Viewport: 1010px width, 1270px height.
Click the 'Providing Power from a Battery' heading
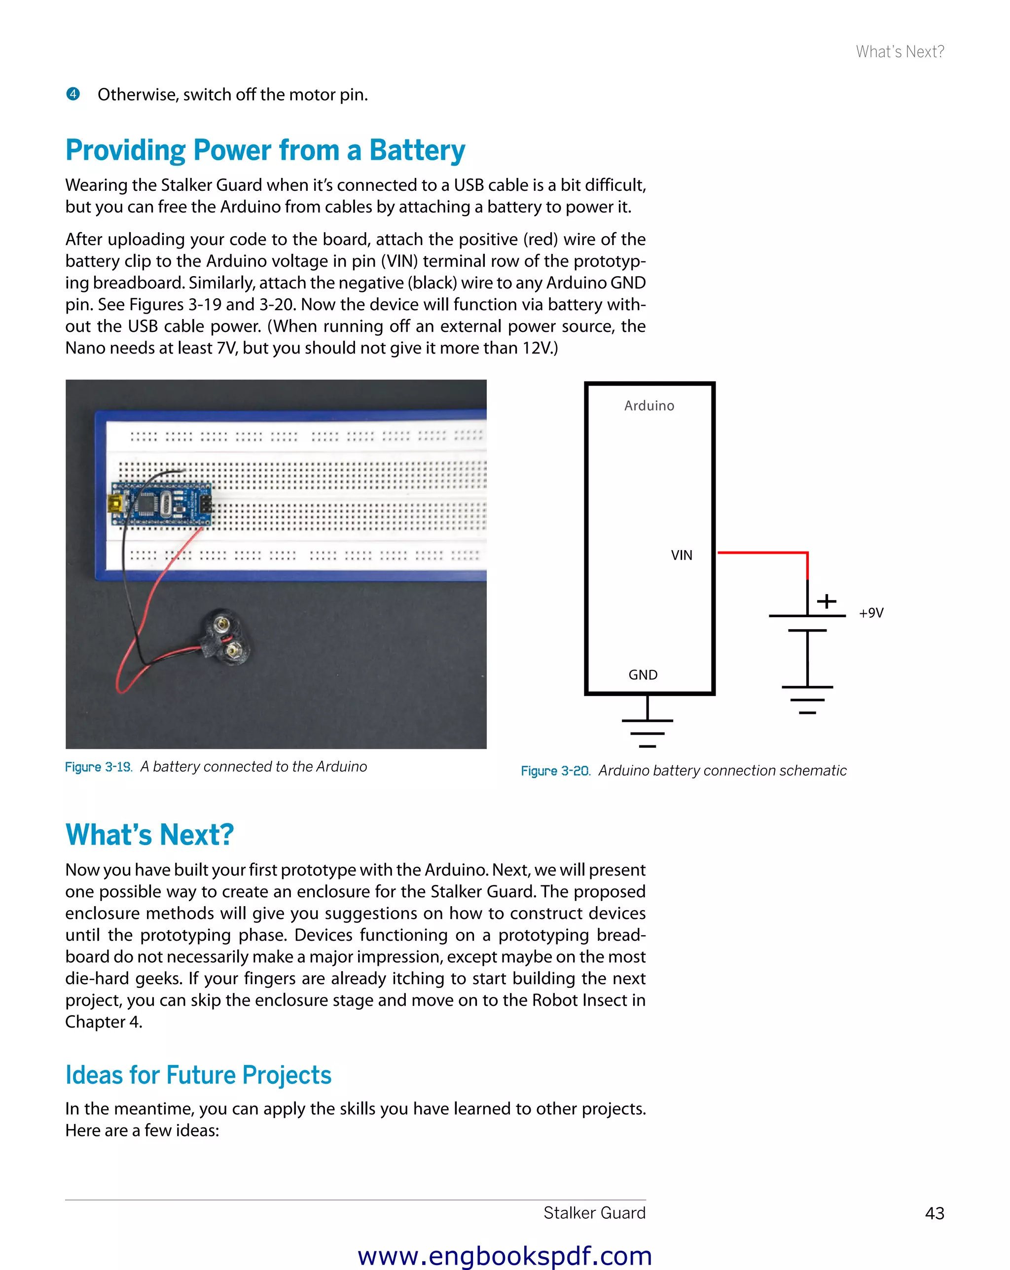pyautogui.click(x=265, y=150)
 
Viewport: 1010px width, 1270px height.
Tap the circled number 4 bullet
pyautogui.click(x=73, y=94)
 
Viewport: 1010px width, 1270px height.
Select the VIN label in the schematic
pyautogui.click(x=681, y=556)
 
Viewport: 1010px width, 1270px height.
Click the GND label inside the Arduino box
pyautogui.click(x=642, y=675)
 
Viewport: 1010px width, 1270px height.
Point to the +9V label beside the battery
pyautogui.click(x=871, y=613)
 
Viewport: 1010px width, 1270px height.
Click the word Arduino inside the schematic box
pyautogui.click(x=649, y=406)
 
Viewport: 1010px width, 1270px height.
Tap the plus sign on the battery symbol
pyautogui.click(x=826, y=601)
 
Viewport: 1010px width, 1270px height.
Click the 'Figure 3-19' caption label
pyautogui.click(x=99, y=767)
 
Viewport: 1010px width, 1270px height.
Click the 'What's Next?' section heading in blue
pyautogui.click(x=149, y=835)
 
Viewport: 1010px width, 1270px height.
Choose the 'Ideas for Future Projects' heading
pyautogui.click(x=198, y=1075)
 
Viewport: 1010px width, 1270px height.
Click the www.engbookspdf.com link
pyautogui.click(x=505, y=1256)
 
